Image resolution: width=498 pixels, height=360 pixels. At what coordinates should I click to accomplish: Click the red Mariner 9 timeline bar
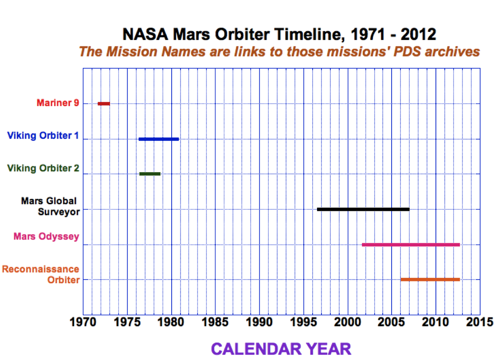pos(104,103)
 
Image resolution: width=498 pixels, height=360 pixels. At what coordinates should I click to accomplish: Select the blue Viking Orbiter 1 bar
pos(159,139)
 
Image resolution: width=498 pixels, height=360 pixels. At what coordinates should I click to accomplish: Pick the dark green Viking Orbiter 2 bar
pos(150,174)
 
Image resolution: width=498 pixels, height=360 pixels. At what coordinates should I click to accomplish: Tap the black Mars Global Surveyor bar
pos(363,209)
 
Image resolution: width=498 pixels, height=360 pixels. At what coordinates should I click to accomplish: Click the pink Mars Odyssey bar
pos(411,245)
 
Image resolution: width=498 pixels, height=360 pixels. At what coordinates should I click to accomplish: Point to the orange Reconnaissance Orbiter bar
pos(430,279)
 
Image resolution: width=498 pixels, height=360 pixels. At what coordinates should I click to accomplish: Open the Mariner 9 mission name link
pos(58,103)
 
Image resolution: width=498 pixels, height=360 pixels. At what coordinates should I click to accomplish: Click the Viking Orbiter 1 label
pos(43,135)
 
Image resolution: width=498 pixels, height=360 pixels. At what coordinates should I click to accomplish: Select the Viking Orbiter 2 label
pos(43,168)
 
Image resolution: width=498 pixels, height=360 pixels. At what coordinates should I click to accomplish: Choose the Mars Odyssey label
pos(47,236)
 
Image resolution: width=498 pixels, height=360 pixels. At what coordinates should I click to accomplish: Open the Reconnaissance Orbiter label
pos(41,274)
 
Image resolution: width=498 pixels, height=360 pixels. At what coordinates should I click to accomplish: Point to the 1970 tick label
pos(83,322)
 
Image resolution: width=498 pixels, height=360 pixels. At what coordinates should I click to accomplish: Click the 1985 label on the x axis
pos(215,322)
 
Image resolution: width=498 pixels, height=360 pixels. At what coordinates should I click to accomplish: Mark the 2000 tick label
pos(347,322)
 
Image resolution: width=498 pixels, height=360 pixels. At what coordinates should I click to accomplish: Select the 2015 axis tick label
pos(479,322)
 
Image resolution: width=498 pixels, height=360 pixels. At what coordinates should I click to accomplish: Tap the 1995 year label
pos(303,322)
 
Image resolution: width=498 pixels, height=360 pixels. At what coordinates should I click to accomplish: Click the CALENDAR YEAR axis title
pos(281,348)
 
